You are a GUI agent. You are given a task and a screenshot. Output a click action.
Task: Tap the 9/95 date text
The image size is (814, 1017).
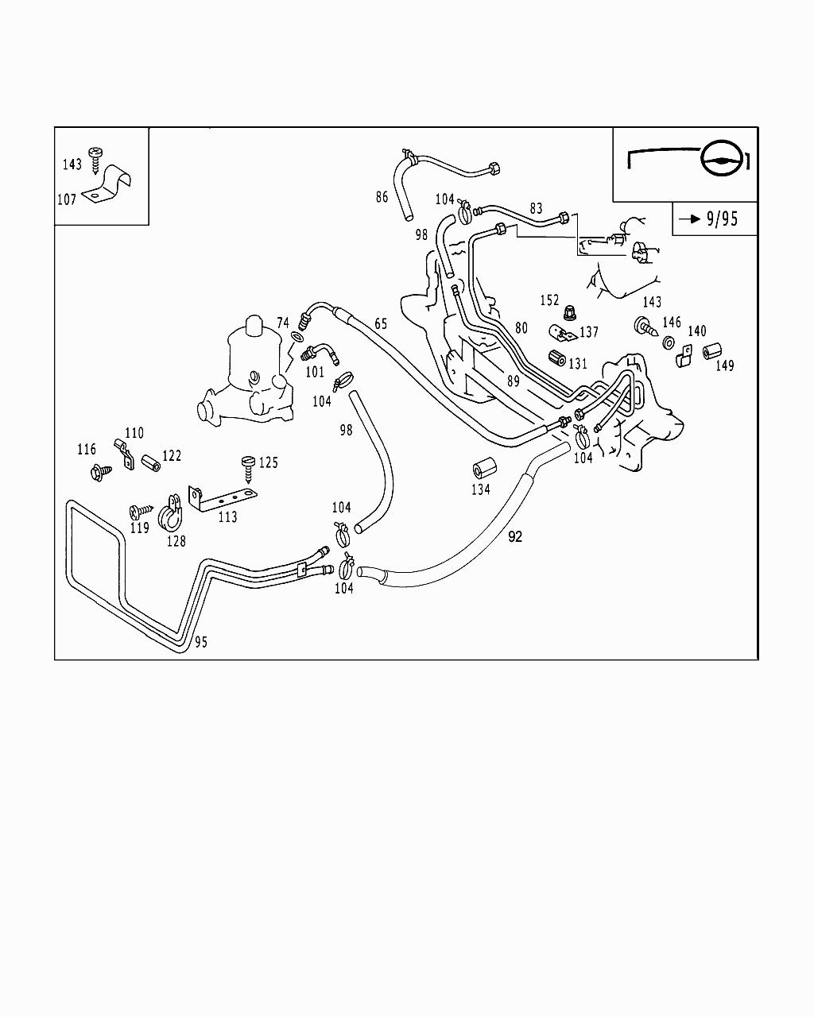(722, 218)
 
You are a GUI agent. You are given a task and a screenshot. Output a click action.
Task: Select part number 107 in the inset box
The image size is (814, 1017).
(66, 199)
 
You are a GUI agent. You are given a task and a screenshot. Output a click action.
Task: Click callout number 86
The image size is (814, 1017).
(382, 196)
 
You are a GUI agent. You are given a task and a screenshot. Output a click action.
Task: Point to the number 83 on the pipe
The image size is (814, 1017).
(537, 208)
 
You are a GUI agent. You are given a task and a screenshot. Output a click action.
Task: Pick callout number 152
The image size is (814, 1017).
(550, 300)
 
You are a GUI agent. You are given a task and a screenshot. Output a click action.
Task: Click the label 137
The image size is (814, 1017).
(589, 332)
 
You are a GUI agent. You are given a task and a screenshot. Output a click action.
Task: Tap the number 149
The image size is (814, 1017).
(724, 365)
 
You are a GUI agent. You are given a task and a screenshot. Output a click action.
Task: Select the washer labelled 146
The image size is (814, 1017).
(669, 342)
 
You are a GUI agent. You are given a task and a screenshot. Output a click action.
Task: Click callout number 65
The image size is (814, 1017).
(381, 323)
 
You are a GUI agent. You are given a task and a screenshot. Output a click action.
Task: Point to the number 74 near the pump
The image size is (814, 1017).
(283, 322)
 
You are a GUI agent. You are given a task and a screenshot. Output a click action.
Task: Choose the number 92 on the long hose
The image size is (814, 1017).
(515, 537)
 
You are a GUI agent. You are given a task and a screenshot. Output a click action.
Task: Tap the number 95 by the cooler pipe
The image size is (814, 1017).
(201, 642)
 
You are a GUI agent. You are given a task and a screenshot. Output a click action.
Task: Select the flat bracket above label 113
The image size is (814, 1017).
(222, 496)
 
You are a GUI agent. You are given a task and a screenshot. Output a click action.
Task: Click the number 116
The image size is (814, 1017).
(87, 450)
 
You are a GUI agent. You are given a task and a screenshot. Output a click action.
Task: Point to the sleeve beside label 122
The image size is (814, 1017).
(151, 462)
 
